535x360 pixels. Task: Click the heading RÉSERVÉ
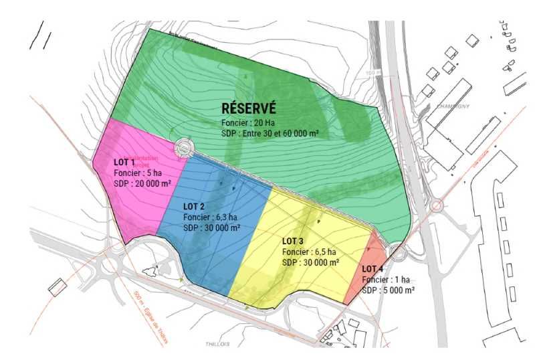tap(249, 109)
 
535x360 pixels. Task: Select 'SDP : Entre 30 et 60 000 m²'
tap(270, 134)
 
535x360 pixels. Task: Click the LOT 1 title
tap(124, 163)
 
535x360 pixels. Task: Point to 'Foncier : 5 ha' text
tap(137, 173)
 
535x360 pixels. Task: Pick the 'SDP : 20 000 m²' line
tap(142, 183)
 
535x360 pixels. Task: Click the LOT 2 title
tap(194, 206)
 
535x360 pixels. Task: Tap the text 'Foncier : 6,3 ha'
tap(210, 217)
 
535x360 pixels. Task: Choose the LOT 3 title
tap(293, 241)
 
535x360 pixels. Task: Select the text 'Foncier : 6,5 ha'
tap(309, 252)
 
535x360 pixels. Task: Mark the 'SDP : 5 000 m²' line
tap(388, 290)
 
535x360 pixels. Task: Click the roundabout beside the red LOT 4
tap(398, 253)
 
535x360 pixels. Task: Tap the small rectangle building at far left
tap(58, 286)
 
